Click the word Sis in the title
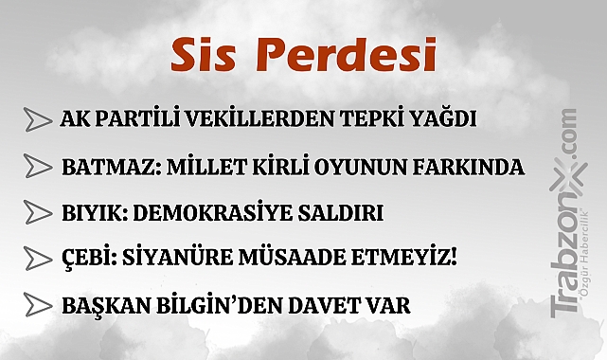click(x=202, y=56)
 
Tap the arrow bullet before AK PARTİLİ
click(x=38, y=120)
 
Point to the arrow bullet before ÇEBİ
click(x=38, y=258)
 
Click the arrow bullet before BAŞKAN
click(x=38, y=305)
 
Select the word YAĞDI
click(x=437, y=120)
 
